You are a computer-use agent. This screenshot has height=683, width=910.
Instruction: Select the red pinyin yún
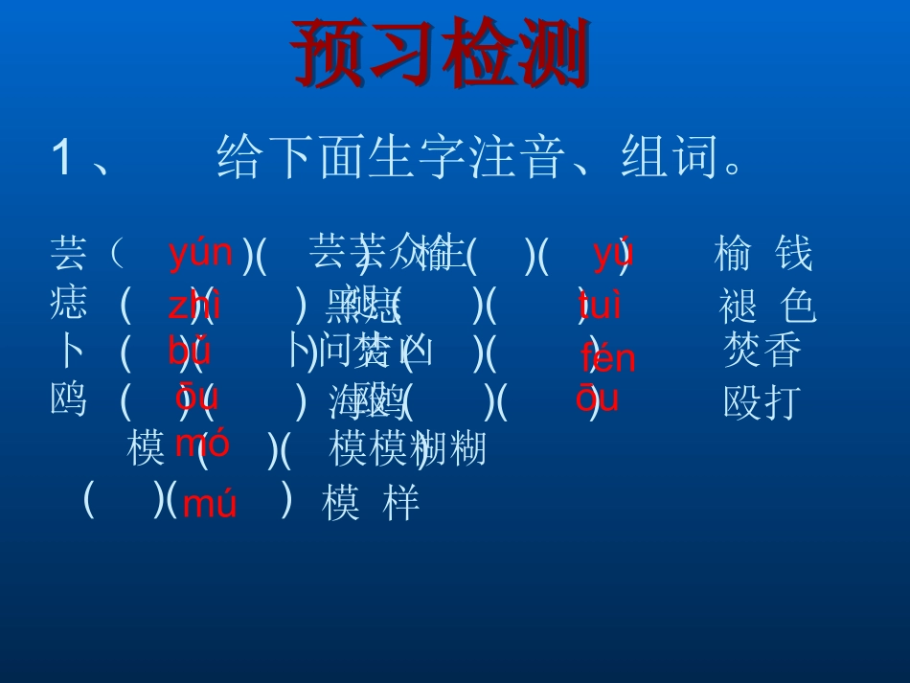[200, 254]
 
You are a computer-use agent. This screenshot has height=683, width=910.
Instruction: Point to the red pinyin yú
[612, 254]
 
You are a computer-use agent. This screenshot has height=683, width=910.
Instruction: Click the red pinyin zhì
[193, 307]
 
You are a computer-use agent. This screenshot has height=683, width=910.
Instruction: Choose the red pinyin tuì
[601, 307]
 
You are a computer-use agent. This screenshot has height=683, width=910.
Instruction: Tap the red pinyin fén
[607, 359]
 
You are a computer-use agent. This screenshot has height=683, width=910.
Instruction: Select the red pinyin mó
[202, 444]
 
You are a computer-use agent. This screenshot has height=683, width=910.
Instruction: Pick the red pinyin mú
[209, 504]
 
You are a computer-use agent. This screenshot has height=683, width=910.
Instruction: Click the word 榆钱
[762, 256]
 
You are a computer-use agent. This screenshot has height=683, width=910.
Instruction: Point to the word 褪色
[767, 307]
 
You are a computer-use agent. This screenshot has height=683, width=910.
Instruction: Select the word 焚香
[762, 353]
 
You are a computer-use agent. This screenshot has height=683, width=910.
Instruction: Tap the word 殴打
[762, 403]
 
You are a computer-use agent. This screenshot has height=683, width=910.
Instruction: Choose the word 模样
[371, 504]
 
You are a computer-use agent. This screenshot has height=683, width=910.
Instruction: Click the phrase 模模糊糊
[408, 448]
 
